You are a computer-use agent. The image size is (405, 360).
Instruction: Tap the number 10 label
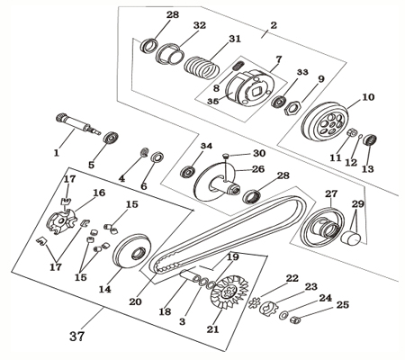tap(367, 96)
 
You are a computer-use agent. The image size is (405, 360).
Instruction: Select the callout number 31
tap(235, 39)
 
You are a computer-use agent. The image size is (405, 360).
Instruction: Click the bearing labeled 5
tap(112, 139)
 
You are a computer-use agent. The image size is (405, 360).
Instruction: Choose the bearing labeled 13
tap(368, 140)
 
